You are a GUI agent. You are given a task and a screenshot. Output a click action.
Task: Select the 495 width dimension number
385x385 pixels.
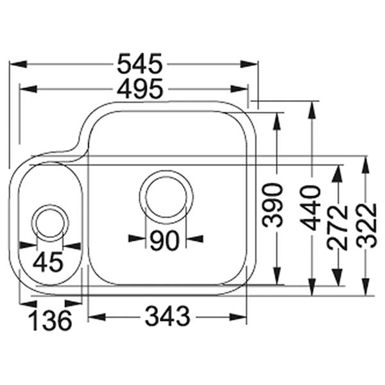pyautogui.click(x=139, y=89)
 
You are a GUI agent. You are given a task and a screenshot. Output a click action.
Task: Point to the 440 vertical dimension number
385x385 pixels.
pyautogui.click(x=312, y=207)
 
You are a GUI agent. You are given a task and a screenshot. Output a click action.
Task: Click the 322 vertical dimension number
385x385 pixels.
pyautogui.click(x=366, y=226)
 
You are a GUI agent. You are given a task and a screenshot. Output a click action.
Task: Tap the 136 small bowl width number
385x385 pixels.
pyautogui.click(x=50, y=320)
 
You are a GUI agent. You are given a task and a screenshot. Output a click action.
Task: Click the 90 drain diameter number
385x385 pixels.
pyautogui.click(x=165, y=240)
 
